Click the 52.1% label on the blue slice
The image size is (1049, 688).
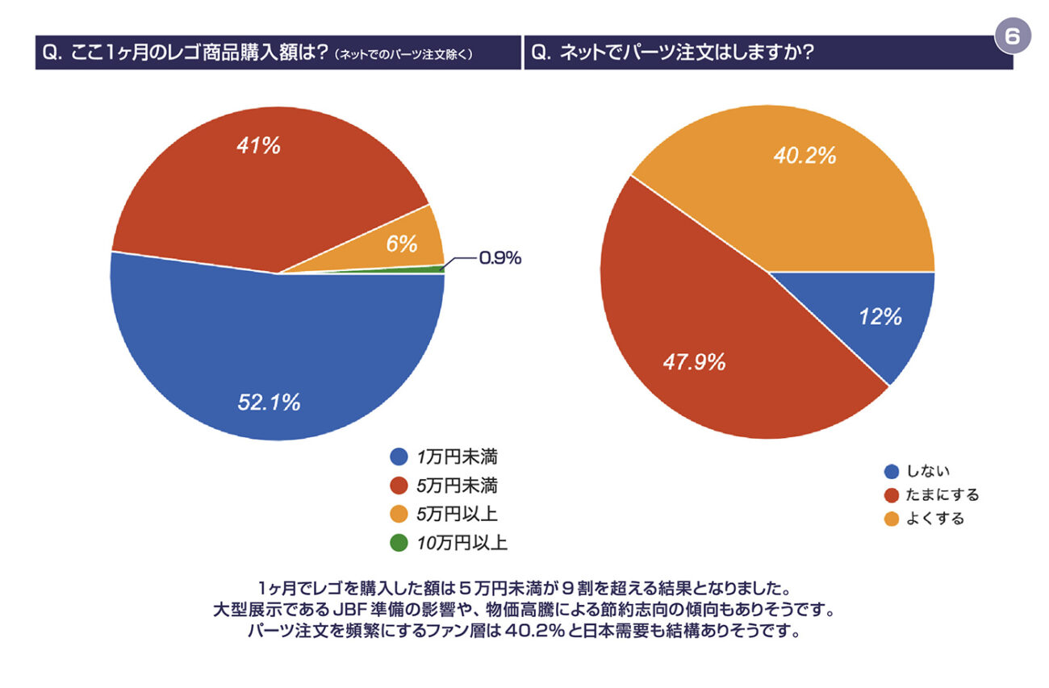269,402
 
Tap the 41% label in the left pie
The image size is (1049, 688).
258,146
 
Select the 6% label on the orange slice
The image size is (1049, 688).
401,243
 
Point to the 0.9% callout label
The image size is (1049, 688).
500,258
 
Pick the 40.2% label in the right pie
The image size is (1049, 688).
805,156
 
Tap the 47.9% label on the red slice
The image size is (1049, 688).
694,362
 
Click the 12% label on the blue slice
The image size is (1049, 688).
880,317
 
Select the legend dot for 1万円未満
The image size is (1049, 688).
398,457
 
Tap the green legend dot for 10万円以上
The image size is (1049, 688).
398,543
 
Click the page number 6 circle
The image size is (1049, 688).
1013,36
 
